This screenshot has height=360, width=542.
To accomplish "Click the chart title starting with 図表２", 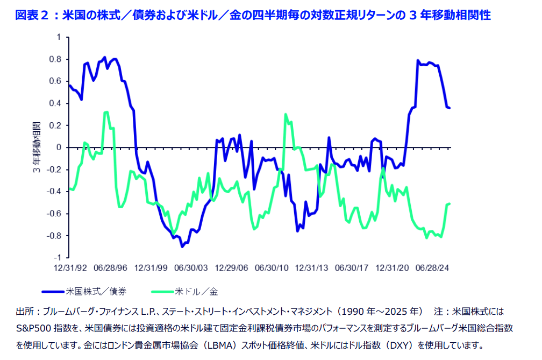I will (x=253, y=15).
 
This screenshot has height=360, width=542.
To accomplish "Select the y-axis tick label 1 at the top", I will (x=58, y=37).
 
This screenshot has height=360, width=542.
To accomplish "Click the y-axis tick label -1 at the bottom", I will (x=56, y=258).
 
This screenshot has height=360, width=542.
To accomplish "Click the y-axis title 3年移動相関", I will (x=37, y=147).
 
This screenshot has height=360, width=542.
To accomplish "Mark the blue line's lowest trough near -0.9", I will (x=183, y=246).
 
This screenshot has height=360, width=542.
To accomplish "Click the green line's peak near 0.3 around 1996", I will (x=106, y=112).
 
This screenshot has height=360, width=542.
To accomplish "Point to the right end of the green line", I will (x=450, y=203).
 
